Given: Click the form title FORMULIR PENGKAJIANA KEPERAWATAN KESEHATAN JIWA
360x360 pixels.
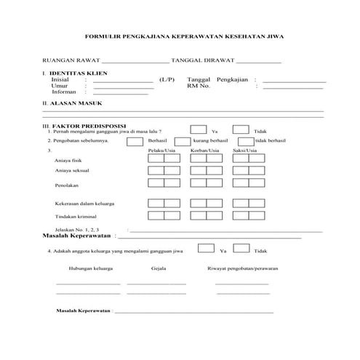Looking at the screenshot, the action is (183, 36).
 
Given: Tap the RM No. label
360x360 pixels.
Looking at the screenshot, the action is (199, 86).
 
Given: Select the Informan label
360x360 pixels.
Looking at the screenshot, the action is (64, 92).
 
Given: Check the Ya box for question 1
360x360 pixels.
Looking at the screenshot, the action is (198, 129).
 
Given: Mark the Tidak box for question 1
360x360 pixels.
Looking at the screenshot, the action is (241, 129).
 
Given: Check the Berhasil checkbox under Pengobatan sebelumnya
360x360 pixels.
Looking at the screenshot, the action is (135, 141).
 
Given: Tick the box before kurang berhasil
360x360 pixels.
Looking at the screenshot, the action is (182, 141).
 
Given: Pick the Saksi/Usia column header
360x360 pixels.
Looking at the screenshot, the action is (244, 151).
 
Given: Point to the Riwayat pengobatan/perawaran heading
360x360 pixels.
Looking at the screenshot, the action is (241, 268).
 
